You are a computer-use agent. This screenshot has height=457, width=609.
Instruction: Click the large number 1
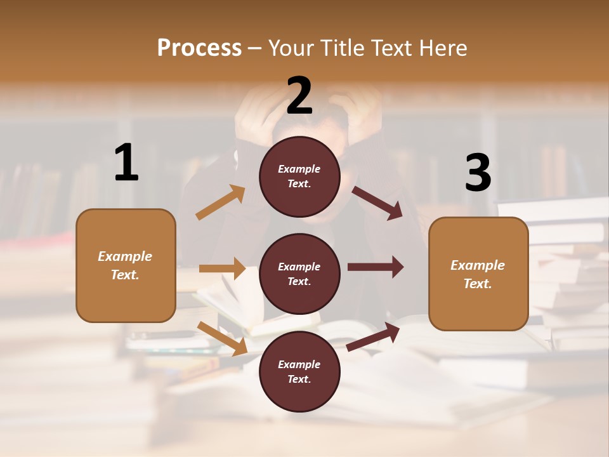tap(126, 163)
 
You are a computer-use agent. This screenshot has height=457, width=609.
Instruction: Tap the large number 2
tap(299, 96)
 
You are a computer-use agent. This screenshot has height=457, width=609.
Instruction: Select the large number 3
tap(478, 173)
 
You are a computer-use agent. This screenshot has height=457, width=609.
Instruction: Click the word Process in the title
tap(199, 48)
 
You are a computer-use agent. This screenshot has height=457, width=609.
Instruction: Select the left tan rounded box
tap(126, 265)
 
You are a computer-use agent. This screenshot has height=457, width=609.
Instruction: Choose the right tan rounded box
tap(478, 274)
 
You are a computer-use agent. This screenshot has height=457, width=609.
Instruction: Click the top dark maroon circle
tap(299, 176)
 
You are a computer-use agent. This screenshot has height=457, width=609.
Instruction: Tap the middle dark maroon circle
tap(299, 274)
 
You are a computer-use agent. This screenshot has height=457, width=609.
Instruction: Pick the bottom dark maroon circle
tap(299, 371)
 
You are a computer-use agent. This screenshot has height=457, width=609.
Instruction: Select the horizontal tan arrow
tap(222, 268)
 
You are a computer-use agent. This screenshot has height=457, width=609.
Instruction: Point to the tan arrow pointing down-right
tap(223, 338)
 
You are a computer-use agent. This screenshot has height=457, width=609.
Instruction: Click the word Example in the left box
tap(125, 256)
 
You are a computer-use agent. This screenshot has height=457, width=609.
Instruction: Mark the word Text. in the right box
tap(478, 284)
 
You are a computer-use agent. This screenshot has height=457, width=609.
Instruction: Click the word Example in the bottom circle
tap(299, 364)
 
